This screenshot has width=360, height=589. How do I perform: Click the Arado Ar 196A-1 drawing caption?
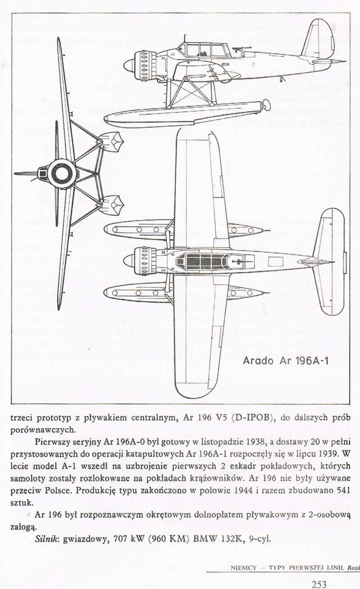(285, 361)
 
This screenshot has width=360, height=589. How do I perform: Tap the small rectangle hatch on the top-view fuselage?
(275, 262)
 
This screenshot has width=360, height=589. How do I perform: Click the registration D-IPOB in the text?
(252, 418)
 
